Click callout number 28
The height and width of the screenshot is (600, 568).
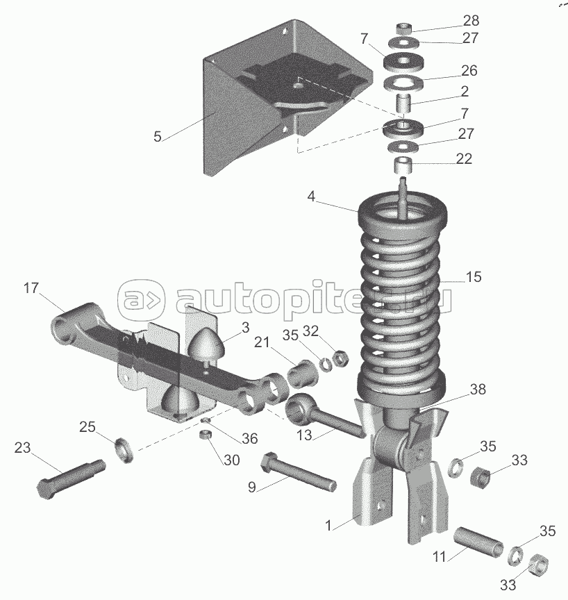coord(471,20)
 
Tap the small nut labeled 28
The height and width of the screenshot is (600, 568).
coord(405,28)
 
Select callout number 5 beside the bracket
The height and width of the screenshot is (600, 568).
coord(158,137)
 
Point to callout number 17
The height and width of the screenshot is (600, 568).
coord(31,287)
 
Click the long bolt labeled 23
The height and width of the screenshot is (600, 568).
coord(72,476)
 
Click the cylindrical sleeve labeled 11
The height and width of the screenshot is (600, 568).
coord(478,542)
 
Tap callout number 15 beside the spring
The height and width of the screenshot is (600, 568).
coord(473,277)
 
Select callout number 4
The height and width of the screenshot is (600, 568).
coord(312,197)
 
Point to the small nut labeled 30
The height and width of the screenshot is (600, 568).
coord(204,435)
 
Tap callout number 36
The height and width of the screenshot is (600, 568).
coord(250,439)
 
